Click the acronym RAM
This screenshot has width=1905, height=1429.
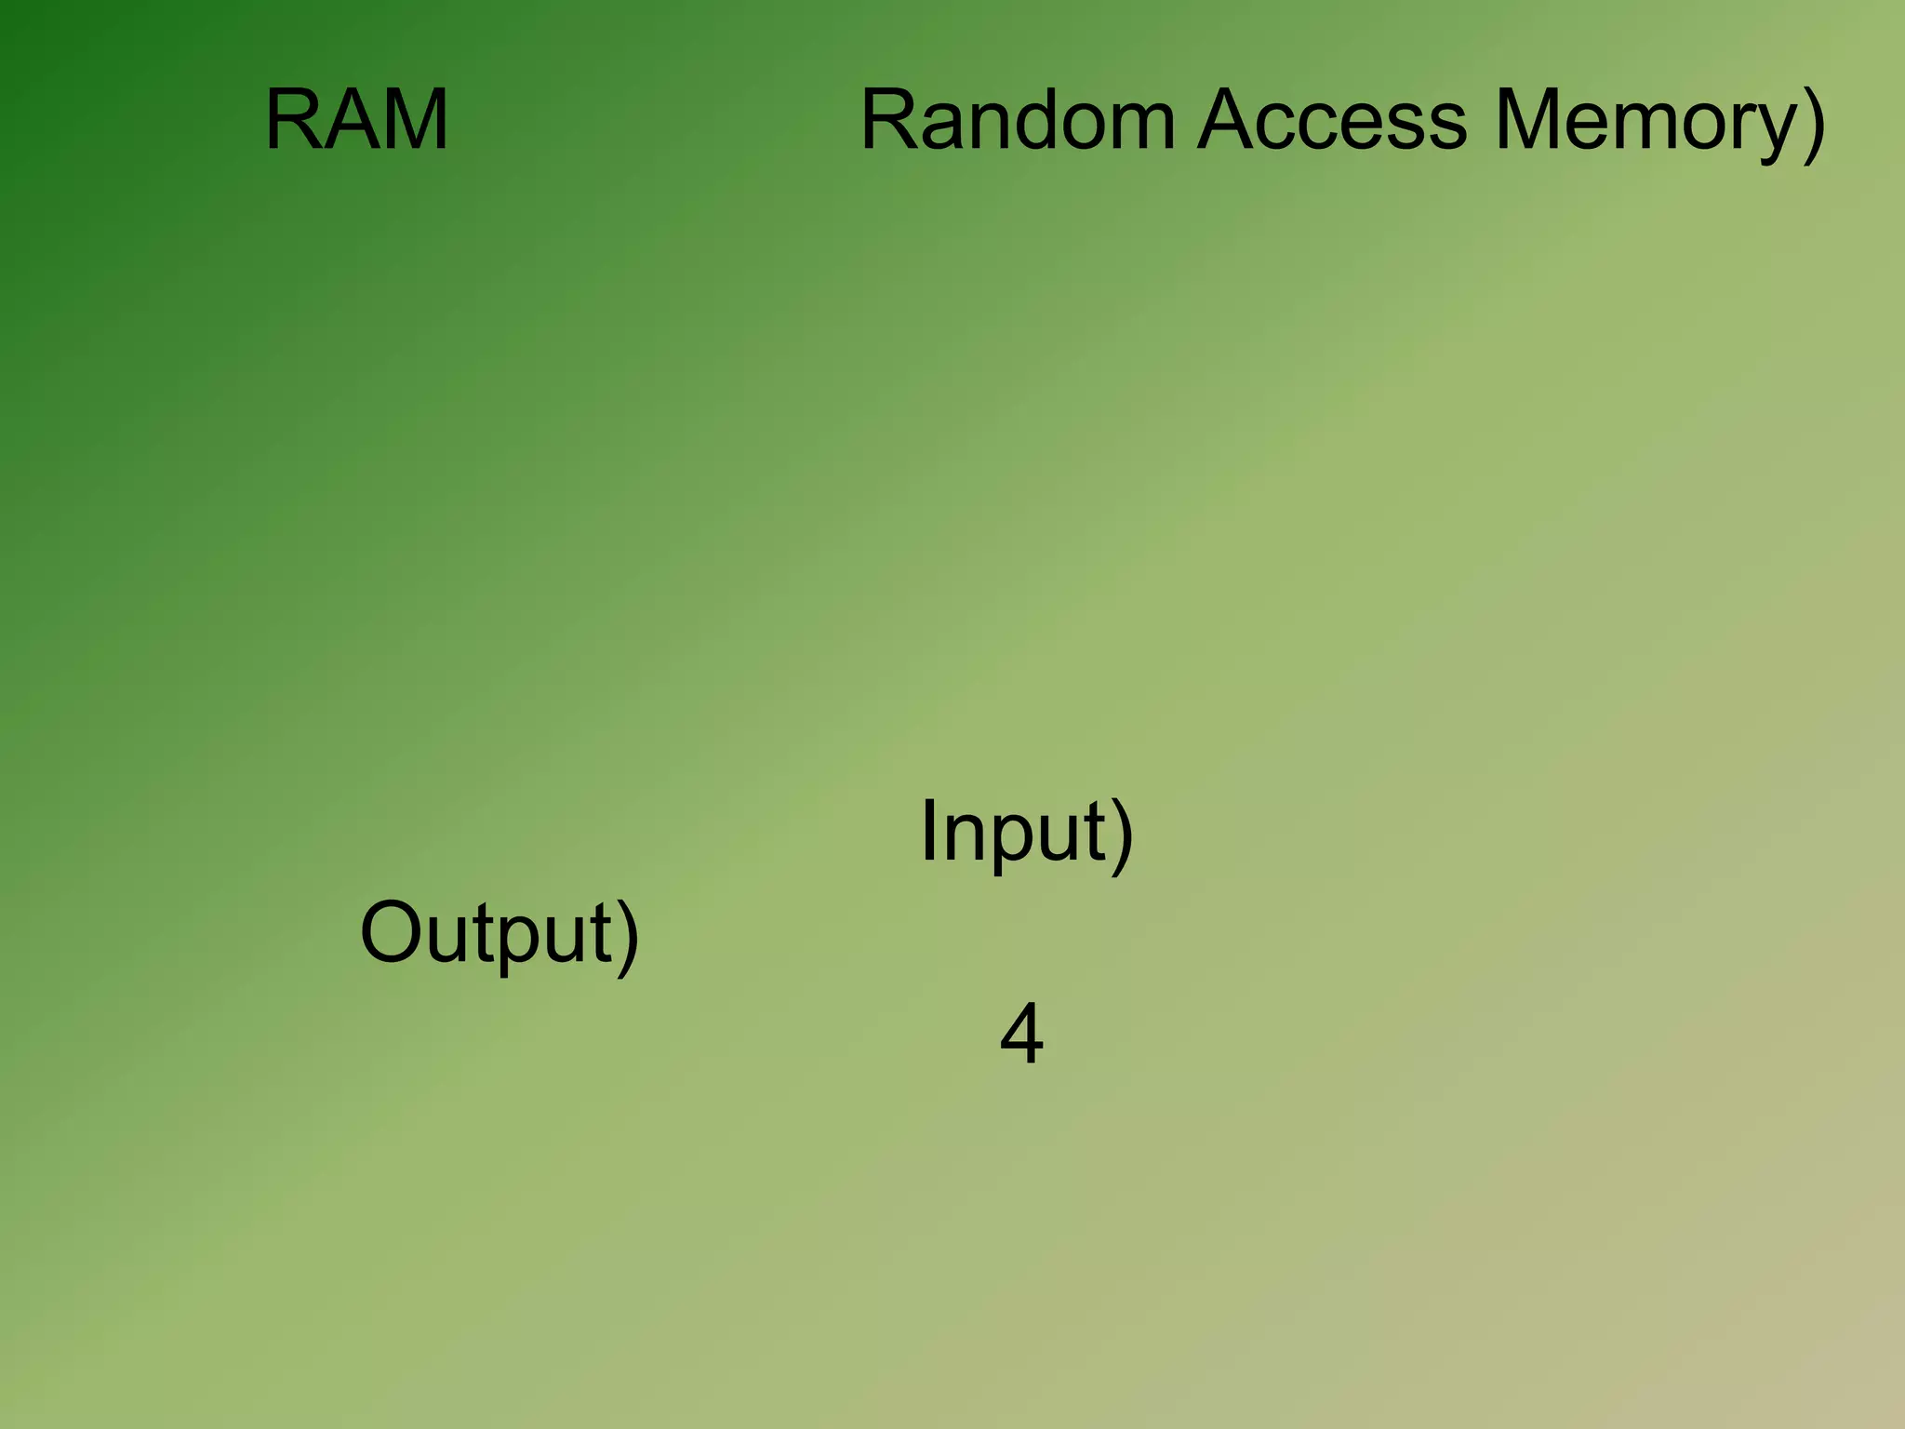click(357, 121)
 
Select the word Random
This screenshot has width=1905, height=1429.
click(1018, 121)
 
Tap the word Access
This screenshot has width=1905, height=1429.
click(1332, 121)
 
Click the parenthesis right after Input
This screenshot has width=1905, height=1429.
click(1123, 835)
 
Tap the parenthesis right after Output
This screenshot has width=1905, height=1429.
click(628, 937)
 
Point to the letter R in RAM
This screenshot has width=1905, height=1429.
click(293, 121)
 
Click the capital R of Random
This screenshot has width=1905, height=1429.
click(890, 121)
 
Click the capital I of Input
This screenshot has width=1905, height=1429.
click(927, 831)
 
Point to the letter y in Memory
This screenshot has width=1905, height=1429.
click(1772, 130)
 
